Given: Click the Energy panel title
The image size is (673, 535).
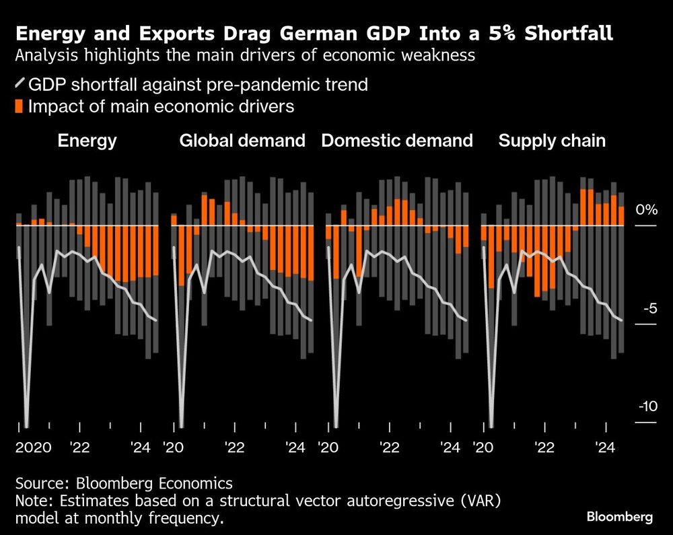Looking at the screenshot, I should (x=87, y=141).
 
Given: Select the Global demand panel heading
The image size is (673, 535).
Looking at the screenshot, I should (x=242, y=141).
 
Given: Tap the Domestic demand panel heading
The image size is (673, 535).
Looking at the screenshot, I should (x=396, y=141).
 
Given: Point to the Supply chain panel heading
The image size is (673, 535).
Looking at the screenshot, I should (x=551, y=141).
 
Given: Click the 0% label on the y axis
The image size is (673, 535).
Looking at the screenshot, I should (x=646, y=210).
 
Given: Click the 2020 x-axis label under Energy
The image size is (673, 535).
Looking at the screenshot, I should (x=34, y=448).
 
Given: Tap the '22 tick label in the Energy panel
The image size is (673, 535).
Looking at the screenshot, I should (x=81, y=448).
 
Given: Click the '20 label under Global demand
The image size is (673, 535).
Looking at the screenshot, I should (x=176, y=448).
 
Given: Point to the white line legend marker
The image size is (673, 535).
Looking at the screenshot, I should (x=20, y=84).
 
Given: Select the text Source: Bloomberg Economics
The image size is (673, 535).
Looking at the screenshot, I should (x=124, y=483).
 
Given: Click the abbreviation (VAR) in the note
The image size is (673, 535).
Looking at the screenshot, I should (x=483, y=501).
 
